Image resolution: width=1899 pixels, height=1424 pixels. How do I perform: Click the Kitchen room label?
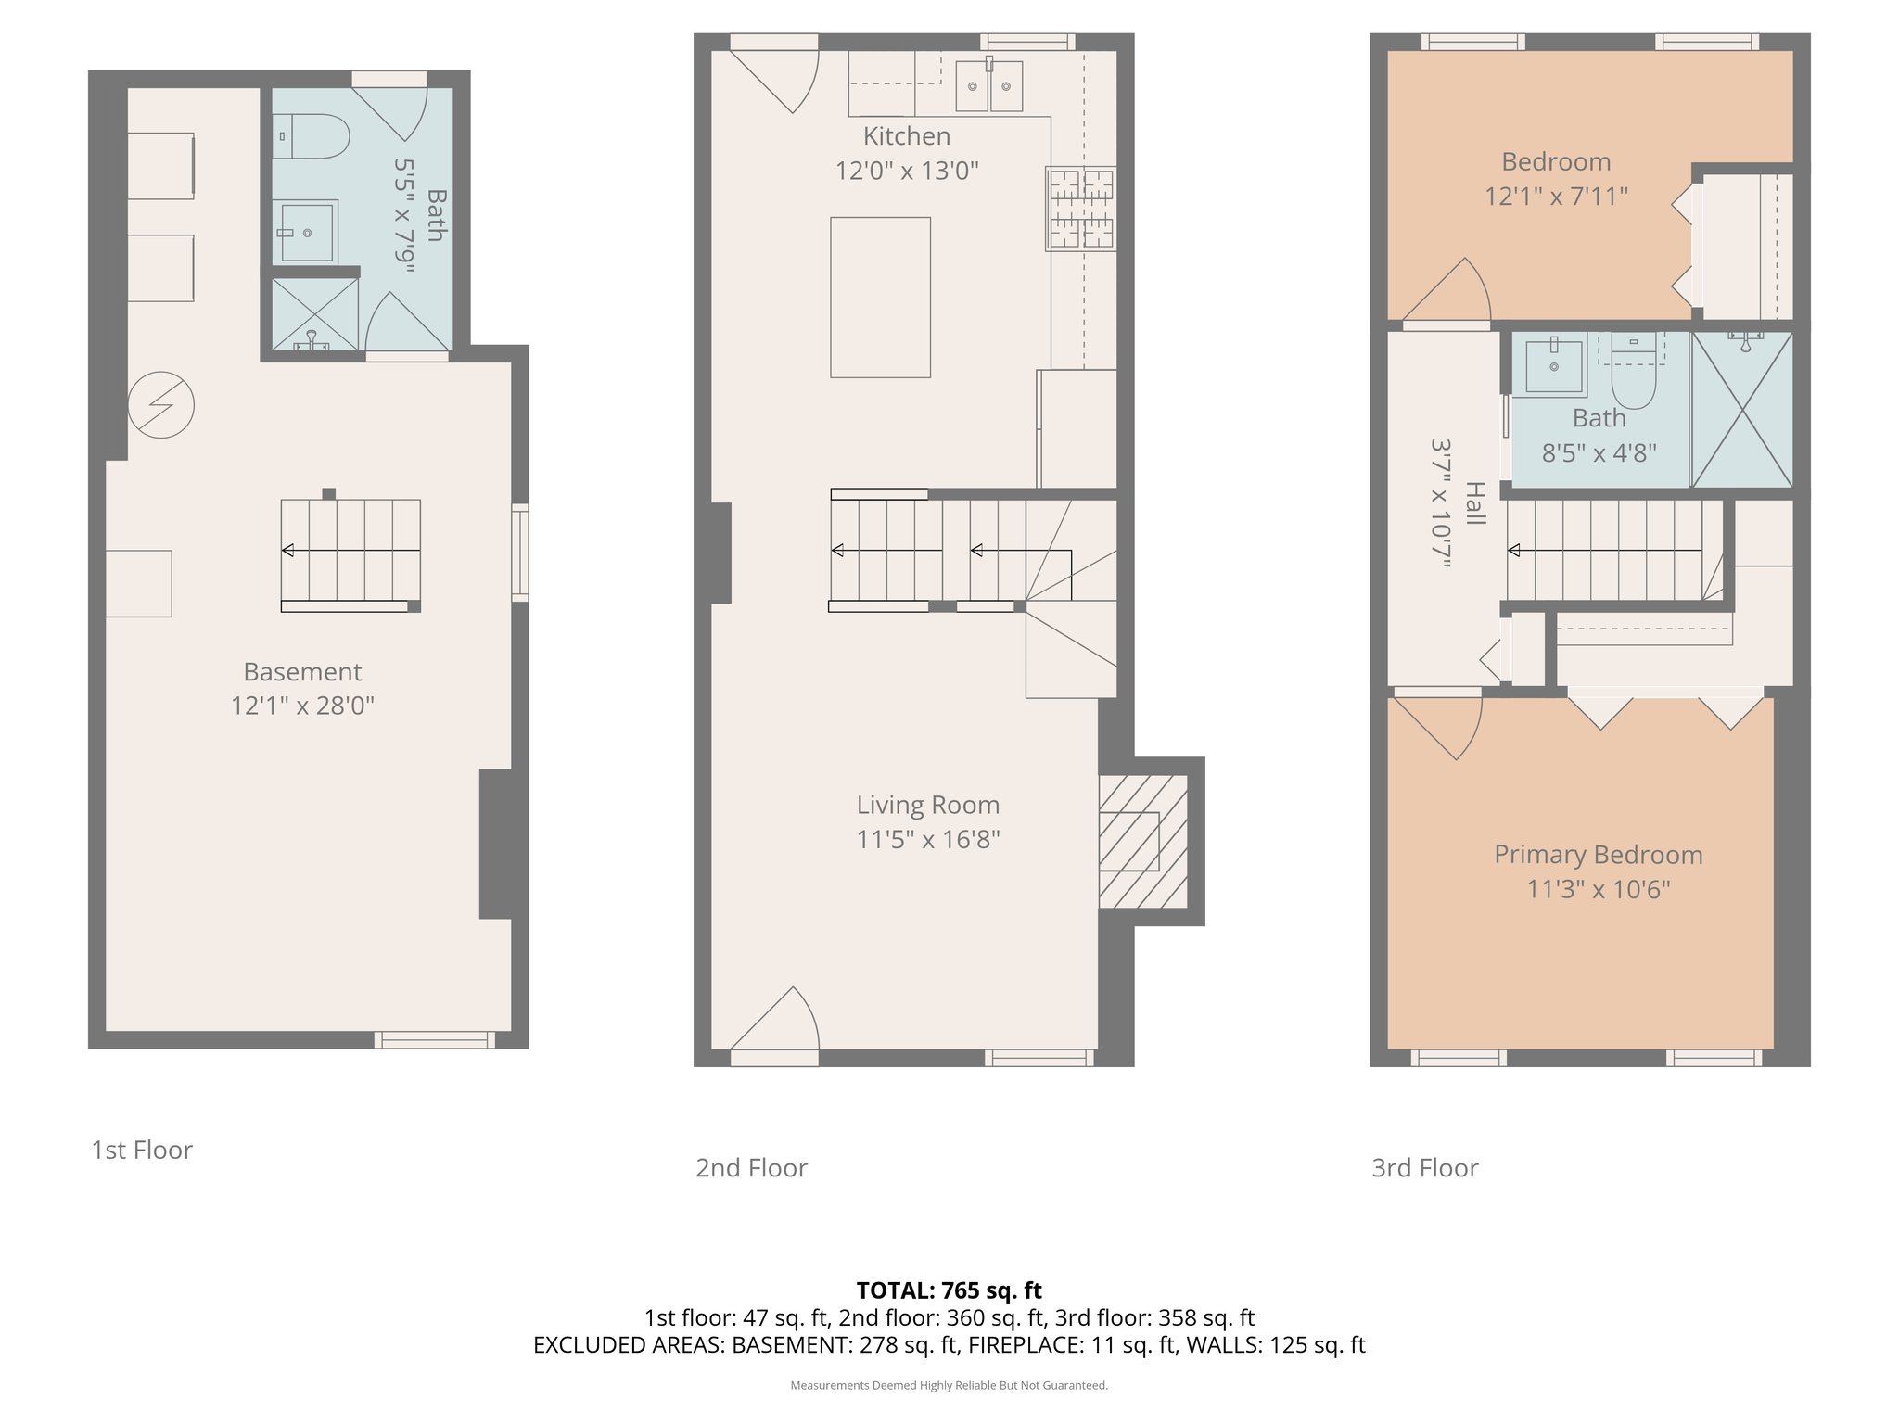pyautogui.click(x=906, y=136)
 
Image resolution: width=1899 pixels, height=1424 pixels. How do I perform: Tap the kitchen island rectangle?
pyautogui.click(x=880, y=297)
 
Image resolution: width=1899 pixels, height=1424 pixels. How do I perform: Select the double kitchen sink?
pyautogui.click(x=988, y=86)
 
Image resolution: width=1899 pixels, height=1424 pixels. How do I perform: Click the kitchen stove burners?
pyautogui.click(x=1080, y=209)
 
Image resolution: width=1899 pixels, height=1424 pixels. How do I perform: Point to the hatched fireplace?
pyautogui.click(x=1142, y=841)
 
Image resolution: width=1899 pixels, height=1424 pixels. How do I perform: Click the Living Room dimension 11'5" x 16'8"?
pyautogui.click(x=927, y=840)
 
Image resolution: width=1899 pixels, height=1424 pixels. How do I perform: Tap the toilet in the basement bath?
pyautogui.click(x=312, y=136)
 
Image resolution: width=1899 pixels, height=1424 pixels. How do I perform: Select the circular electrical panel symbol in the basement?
pyautogui.click(x=161, y=405)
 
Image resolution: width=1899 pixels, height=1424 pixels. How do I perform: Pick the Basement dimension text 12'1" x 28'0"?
pyautogui.click(x=302, y=706)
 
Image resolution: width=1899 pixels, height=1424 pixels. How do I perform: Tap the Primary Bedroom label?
pyautogui.click(x=1598, y=855)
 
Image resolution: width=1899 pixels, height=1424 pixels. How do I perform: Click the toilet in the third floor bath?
pyautogui.click(x=1633, y=375)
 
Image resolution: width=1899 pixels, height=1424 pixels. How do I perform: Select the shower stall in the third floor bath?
pyautogui.click(x=1741, y=410)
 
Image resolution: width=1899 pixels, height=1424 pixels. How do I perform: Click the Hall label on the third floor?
pyautogui.click(x=1475, y=503)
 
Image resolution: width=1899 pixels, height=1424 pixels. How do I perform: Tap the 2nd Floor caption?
pyautogui.click(x=751, y=1168)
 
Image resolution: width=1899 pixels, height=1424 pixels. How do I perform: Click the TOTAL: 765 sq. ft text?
pyautogui.click(x=949, y=1290)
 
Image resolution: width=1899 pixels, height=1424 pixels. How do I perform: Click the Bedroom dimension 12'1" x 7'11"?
pyautogui.click(x=1556, y=197)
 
